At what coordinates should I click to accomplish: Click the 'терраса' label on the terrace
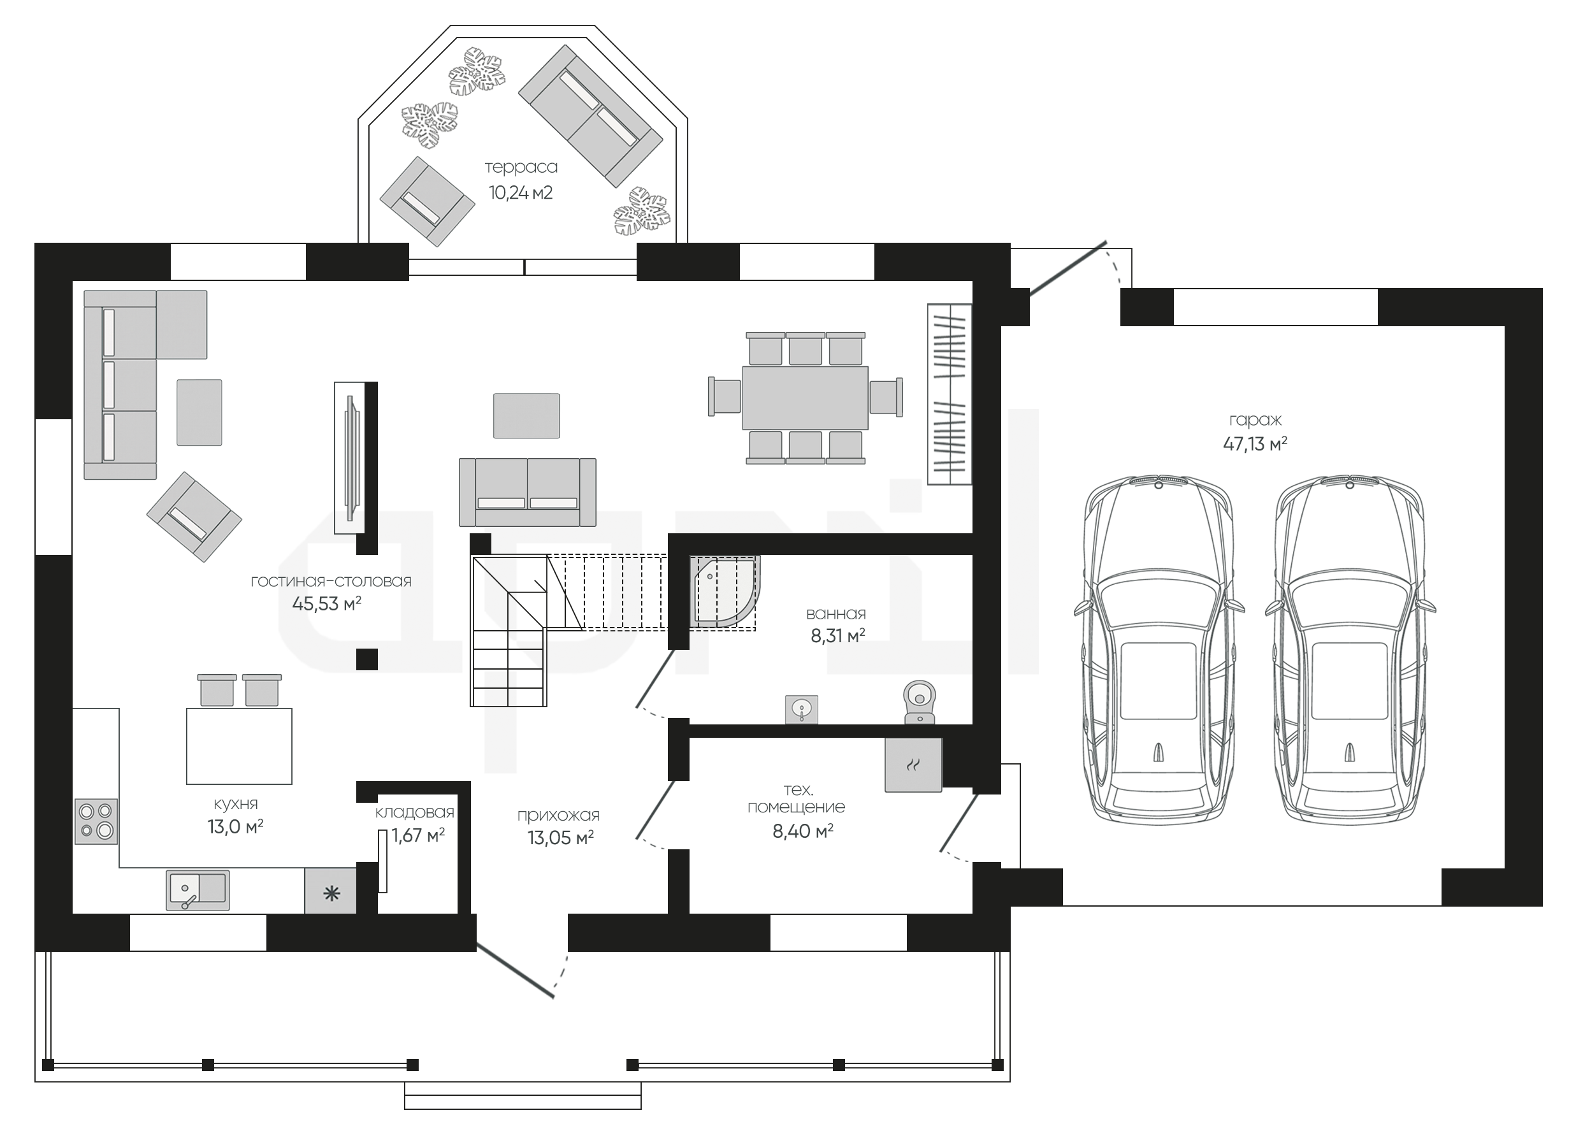[521, 168]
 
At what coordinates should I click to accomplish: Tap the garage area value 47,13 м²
[1255, 443]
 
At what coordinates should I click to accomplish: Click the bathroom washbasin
[802, 709]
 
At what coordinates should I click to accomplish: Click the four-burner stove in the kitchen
[96, 821]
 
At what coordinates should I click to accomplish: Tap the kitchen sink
[197, 890]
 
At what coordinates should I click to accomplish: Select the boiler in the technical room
[913, 764]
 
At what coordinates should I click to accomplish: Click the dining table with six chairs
[806, 398]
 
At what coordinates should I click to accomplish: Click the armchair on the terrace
[427, 201]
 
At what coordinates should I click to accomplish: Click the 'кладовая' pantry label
[414, 812]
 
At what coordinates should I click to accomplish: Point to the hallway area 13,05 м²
[560, 838]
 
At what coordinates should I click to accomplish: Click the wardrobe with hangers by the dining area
[949, 394]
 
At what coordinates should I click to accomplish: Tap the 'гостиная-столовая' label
[331, 582]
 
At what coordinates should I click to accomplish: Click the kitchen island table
[239, 745]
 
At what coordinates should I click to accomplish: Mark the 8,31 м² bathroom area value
[838, 635]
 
